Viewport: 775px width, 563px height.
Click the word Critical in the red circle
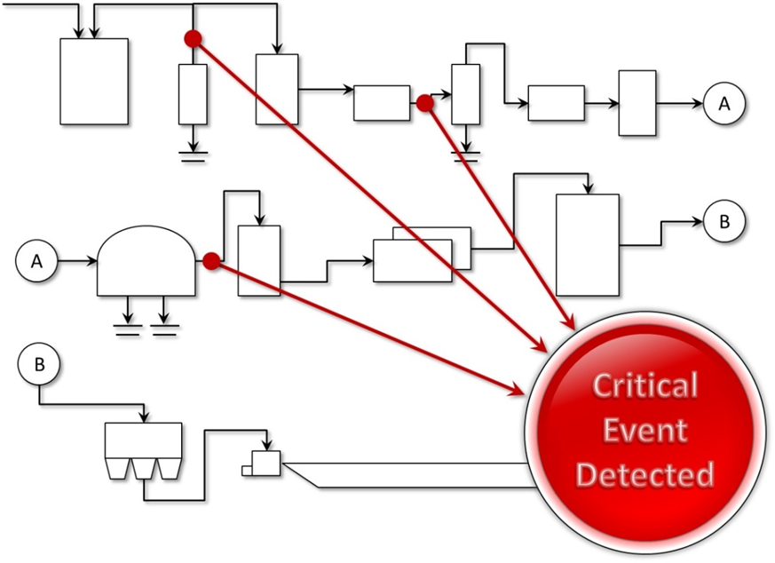pos(645,386)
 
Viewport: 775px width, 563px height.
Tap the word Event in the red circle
pos(645,431)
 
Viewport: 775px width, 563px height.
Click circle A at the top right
pos(724,104)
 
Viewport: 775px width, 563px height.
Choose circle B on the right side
pos(724,222)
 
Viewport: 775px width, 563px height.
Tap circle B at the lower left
pos(38,363)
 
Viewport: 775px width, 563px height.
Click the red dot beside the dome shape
pos(211,261)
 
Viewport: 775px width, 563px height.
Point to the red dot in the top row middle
pos(425,104)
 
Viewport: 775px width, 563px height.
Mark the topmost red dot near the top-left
pos(192,38)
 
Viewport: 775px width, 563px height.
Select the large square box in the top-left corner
pos(93,81)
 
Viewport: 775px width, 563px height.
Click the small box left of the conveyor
pos(265,464)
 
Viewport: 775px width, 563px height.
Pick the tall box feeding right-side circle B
pos(587,244)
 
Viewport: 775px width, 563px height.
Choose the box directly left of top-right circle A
pos(637,103)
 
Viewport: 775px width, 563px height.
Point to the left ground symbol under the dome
pos(129,329)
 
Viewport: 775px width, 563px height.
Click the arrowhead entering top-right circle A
pos(699,104)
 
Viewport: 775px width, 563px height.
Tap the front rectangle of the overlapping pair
pos(412,261)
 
